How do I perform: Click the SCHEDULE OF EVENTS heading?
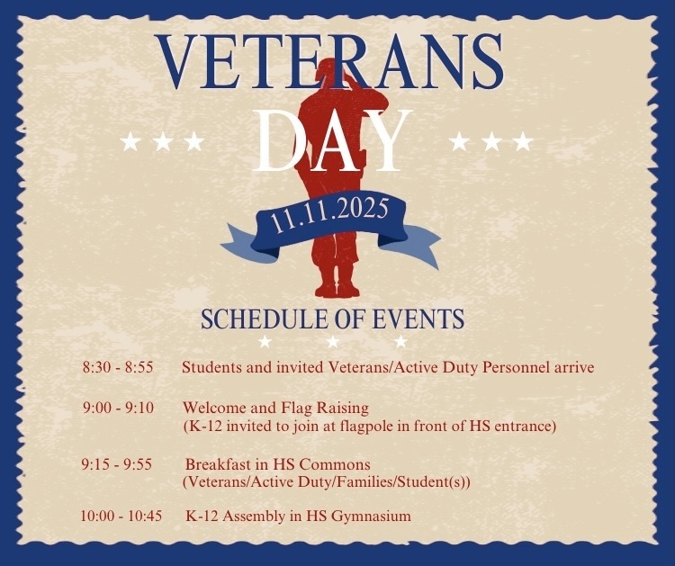[x=332, y=319]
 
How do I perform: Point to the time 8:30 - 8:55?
[x=118, y=368]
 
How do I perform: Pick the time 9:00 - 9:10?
[x=118, y=408]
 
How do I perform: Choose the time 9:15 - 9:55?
[x=116, y=464]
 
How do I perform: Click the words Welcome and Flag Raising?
[x=275, y=408]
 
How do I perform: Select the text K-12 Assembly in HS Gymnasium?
[x=298, y=517]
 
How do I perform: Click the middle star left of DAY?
[x=163, y=141]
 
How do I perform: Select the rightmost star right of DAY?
[x=523, y=141]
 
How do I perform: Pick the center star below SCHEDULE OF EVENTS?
[x=332, y=342]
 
